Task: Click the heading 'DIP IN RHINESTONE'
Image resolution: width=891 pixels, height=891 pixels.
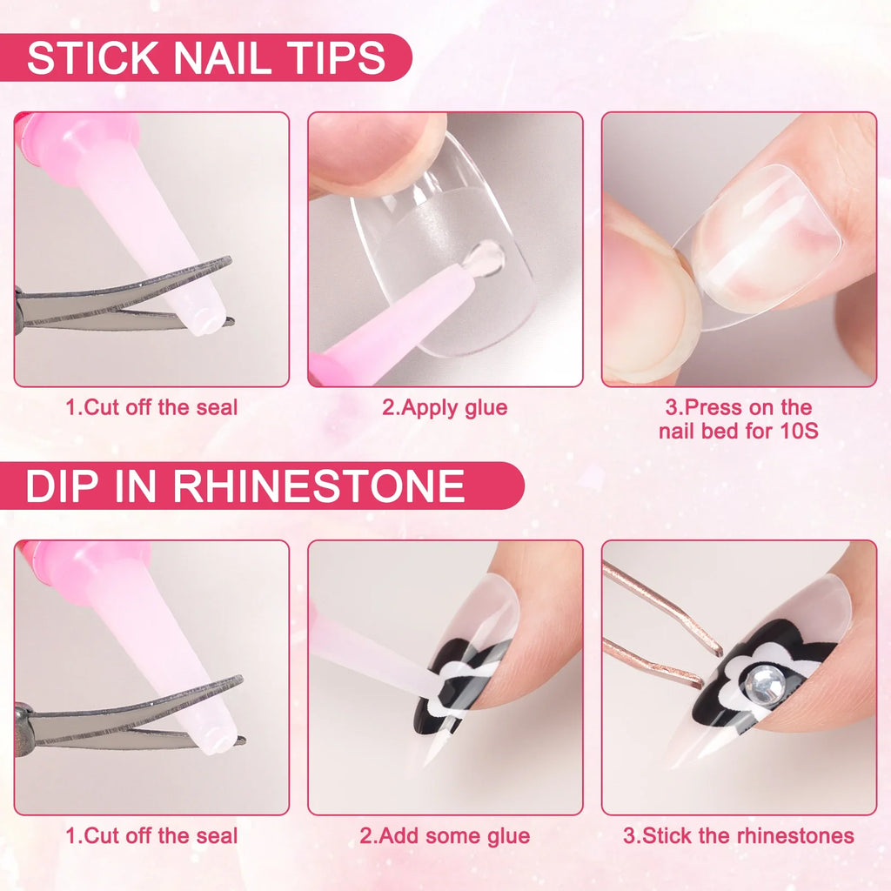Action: [x=245, y=486]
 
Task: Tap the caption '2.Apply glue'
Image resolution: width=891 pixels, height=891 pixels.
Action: [x=445, y=407]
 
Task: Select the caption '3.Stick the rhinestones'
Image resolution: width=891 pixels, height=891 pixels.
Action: [x=739, y=836]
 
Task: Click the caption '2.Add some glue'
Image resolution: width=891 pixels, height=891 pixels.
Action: [x=445, y=836]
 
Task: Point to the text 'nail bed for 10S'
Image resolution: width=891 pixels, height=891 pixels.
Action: [x=739, y=430]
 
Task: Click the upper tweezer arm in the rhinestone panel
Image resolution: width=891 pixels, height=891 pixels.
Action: [x=661, y=605]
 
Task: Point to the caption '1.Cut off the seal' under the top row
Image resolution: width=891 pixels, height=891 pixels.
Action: [x=151, y=407]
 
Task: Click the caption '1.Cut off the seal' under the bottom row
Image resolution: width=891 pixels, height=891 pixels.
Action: [x=151, y=836]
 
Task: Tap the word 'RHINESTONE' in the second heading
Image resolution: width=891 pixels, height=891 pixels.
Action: [x=318, y=486]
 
